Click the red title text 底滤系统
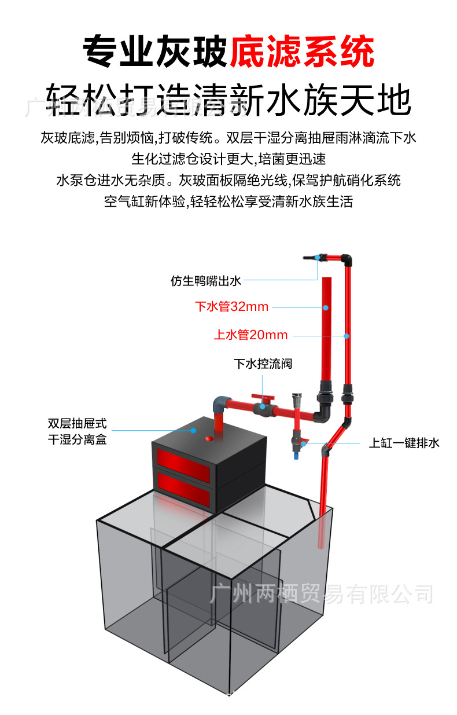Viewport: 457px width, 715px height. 302,53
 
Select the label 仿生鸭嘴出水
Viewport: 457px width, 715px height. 205,281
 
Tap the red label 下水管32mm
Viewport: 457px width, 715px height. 231,307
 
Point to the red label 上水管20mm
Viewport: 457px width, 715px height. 250,335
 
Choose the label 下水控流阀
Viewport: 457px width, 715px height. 263,364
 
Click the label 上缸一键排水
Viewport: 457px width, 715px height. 404,443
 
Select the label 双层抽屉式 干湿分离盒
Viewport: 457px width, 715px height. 77,432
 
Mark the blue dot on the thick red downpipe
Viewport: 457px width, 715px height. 326,307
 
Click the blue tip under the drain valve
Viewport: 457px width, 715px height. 296,456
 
